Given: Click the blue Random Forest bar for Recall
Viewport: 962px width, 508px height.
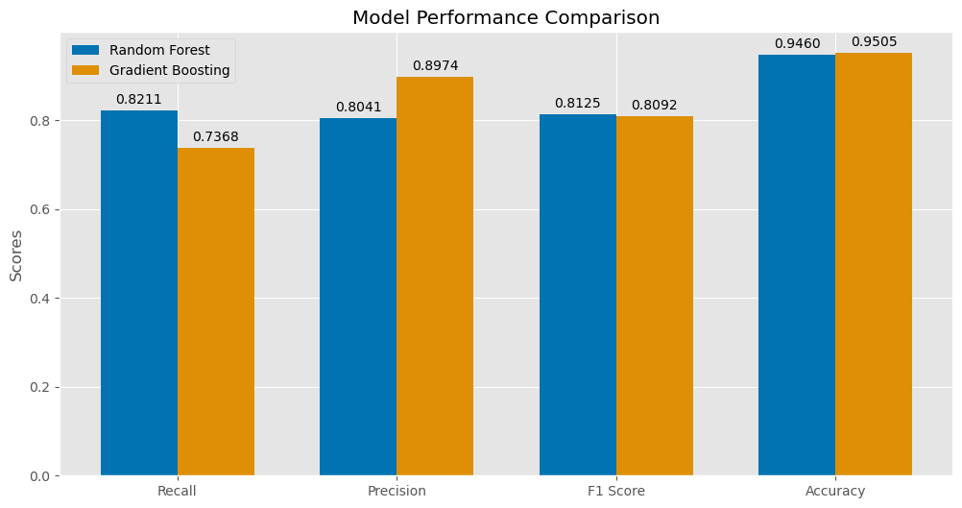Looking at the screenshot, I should point(139,293).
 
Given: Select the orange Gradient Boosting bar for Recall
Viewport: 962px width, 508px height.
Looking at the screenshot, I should point(216,312).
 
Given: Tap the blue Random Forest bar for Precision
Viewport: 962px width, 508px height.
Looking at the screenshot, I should point(358,297).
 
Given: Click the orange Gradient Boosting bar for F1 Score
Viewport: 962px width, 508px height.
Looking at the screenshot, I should point(655,296).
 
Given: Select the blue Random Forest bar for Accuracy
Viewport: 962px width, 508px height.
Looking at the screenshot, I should point(797,265).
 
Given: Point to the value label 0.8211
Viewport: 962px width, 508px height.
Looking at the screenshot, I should point(139,99).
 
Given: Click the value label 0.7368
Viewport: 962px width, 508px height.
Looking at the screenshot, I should point(216,136).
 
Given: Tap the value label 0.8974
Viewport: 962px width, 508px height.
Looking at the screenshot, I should point(435,65).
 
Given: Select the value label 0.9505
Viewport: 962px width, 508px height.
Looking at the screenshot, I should point(874,41).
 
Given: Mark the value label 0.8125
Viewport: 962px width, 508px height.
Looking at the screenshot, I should point(578,103).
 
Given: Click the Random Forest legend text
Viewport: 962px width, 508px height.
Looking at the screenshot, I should point(159,50).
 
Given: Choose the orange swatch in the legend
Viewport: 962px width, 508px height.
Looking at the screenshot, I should point(85,70).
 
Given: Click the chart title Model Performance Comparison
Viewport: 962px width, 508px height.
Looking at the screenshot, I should point(506,17).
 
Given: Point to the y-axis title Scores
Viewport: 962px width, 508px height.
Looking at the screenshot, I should point(16,254).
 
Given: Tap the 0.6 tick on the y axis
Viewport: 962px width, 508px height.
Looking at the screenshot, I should point(42,209).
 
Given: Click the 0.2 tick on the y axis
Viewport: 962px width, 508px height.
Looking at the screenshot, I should point(42,387).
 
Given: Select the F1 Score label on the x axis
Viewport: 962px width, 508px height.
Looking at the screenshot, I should point(616,491).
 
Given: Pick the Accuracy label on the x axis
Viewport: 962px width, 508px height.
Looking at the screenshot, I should point(835,491).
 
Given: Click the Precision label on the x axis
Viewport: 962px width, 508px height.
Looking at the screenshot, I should point(397,491).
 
